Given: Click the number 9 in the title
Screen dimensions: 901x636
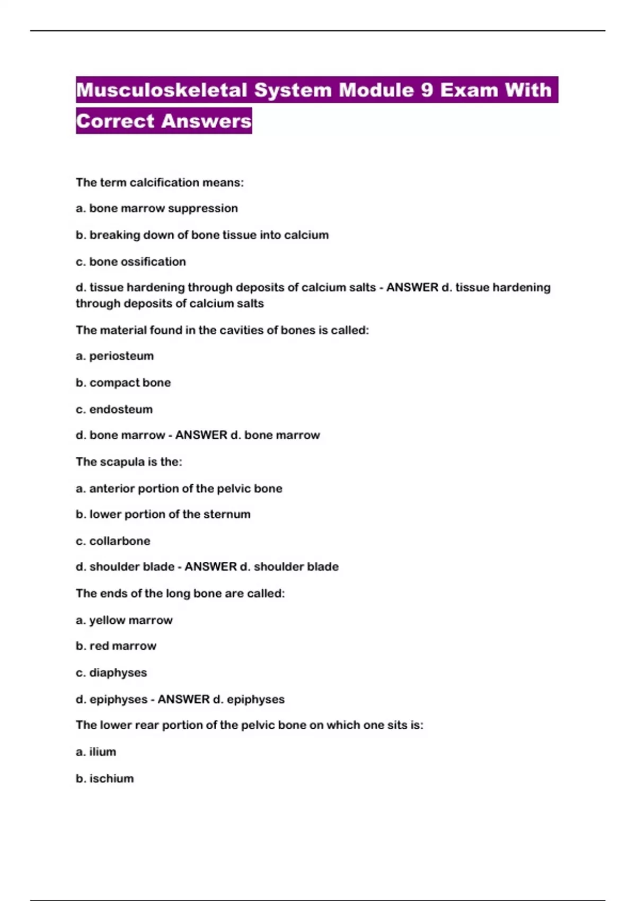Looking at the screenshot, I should (x=427, y=90).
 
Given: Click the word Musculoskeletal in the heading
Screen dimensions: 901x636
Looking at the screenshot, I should (x=162, y=90).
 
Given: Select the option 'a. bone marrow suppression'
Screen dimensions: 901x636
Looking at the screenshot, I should (x=156, y=208).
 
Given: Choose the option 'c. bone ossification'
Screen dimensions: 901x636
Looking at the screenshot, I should (x=130, y=261).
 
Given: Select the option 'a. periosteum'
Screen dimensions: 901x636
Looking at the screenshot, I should (x=114, y=356).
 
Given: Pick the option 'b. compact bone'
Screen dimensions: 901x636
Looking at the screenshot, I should (x=123, y=383).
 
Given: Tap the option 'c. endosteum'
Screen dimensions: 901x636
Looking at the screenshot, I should (x=114, y=409).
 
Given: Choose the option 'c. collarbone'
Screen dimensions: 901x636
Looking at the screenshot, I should (x=113, y=541).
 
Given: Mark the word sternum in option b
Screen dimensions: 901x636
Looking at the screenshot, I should (x=228, y=514).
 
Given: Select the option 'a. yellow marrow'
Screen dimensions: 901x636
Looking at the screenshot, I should (x=124, y=620).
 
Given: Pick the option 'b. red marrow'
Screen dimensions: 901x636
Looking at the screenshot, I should (x=116, y=646).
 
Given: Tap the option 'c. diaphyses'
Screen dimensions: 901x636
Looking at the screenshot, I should (x=111, y=673).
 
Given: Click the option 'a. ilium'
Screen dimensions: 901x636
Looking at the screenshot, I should (x=96, y=752).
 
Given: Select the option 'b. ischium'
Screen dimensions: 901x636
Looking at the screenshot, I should (x=104, y=778).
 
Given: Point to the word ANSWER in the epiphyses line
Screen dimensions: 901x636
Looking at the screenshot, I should (x=183, y=699).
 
